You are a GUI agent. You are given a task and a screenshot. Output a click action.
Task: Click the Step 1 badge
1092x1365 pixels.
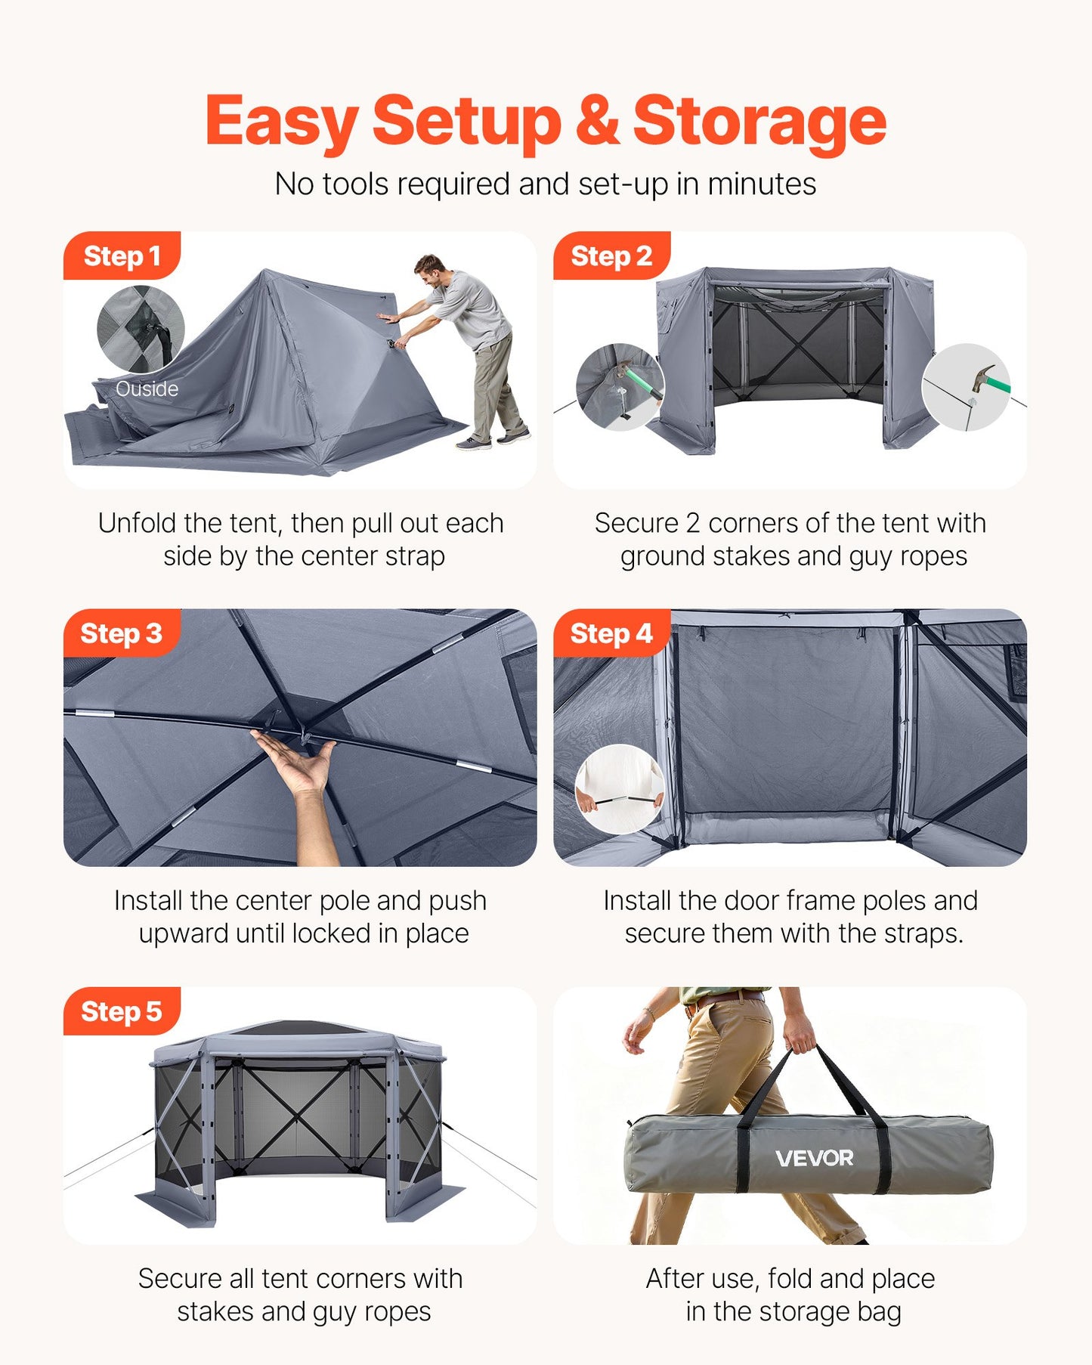point(122,256)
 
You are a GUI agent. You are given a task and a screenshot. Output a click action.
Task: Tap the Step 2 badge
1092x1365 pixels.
point(611,256)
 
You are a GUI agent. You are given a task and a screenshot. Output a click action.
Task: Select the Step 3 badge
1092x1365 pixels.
point(121,633)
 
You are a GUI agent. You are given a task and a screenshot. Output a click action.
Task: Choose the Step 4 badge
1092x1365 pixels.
point(611,633)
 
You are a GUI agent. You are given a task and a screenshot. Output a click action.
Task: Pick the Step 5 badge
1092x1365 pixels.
point(121,1011)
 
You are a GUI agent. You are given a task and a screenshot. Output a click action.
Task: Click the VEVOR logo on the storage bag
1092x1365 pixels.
point(814,1158)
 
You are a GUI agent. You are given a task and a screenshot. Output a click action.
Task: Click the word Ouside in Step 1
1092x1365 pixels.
point(147,389)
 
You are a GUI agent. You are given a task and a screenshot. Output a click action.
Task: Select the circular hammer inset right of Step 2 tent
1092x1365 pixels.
point(966,387)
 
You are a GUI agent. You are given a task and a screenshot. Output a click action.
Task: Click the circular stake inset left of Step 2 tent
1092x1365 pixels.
point(620,387)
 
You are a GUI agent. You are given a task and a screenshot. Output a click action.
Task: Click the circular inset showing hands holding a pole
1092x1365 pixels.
point(620,789)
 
